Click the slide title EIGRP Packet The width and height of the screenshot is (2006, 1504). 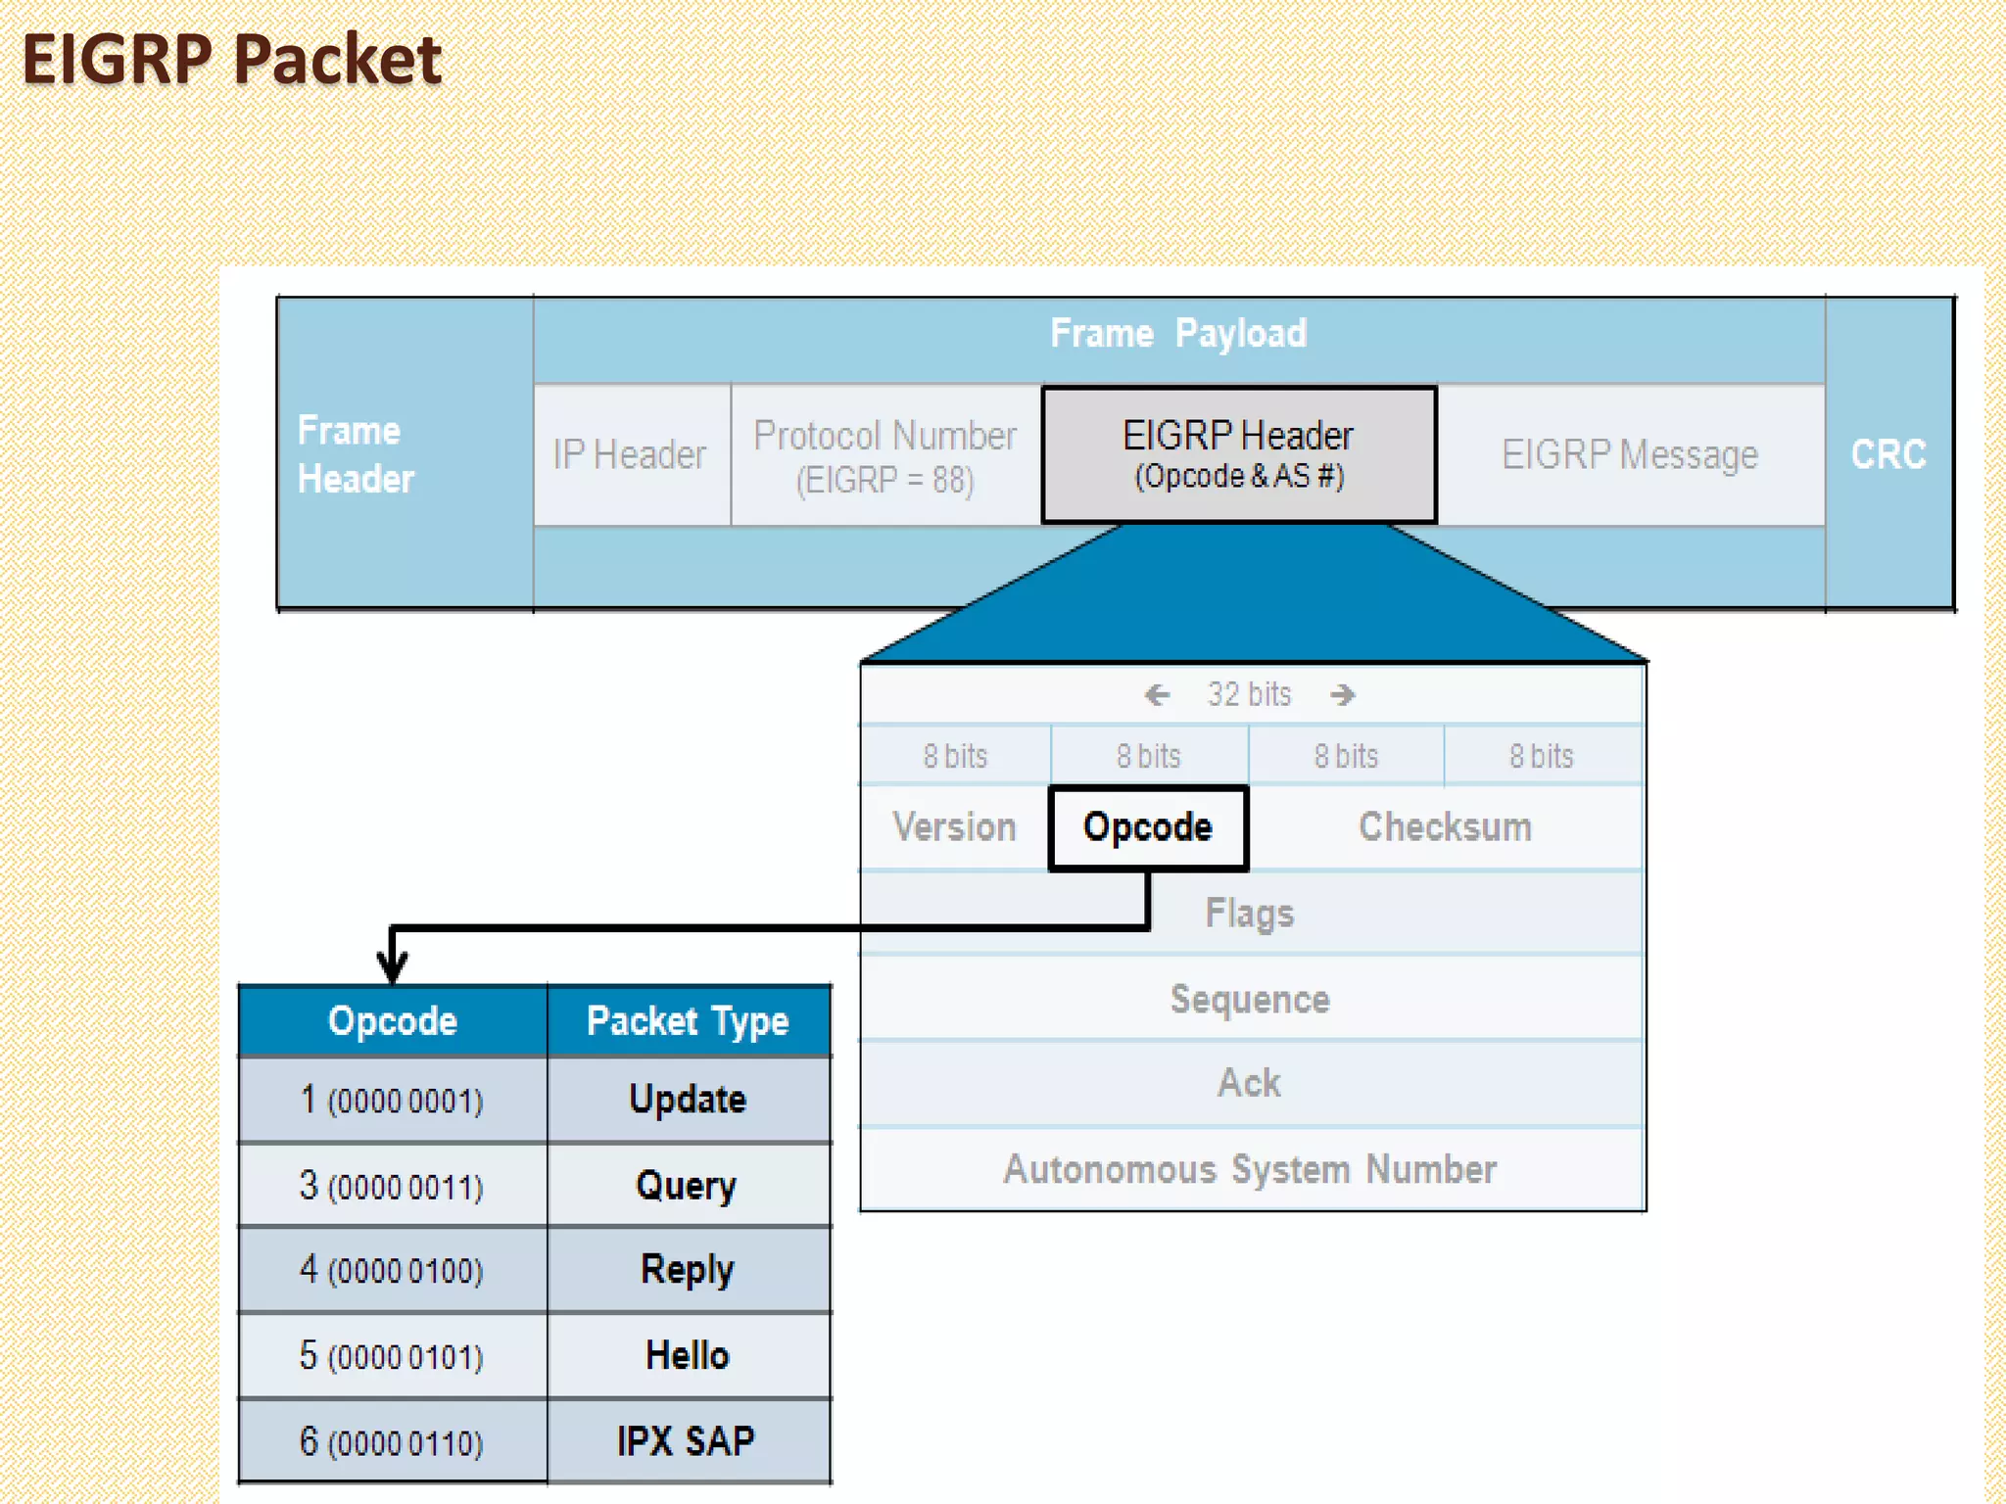tap(231, 61)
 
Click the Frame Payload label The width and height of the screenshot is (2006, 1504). tap(1178, 334)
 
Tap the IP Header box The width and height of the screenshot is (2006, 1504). tap(631, 455)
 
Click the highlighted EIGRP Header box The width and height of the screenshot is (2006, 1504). tap(1239, 454)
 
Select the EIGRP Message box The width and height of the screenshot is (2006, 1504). tap(1630, 455)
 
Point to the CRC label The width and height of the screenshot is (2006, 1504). tap(1888, 454)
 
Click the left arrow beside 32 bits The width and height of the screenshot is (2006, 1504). tap(1158, 695)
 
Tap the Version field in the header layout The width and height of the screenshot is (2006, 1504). tap(955, 827)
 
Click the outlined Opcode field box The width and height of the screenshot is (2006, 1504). tap(1148, 827)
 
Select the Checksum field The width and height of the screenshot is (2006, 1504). tap(1445, 827)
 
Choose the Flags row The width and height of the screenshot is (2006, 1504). tap(1250, 914)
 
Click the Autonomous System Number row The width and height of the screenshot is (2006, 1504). tap(1250, 1170)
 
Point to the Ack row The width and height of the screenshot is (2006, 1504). tap(1250, 1084)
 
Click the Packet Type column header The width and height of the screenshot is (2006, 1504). tap(688, 1021)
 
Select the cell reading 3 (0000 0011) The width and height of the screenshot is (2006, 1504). tap(392, 1187)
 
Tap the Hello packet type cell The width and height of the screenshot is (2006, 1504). tap(688, 1356)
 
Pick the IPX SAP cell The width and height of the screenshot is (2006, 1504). tap(688, 1441)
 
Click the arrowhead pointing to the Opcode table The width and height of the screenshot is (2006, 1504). tap(393, 968)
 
